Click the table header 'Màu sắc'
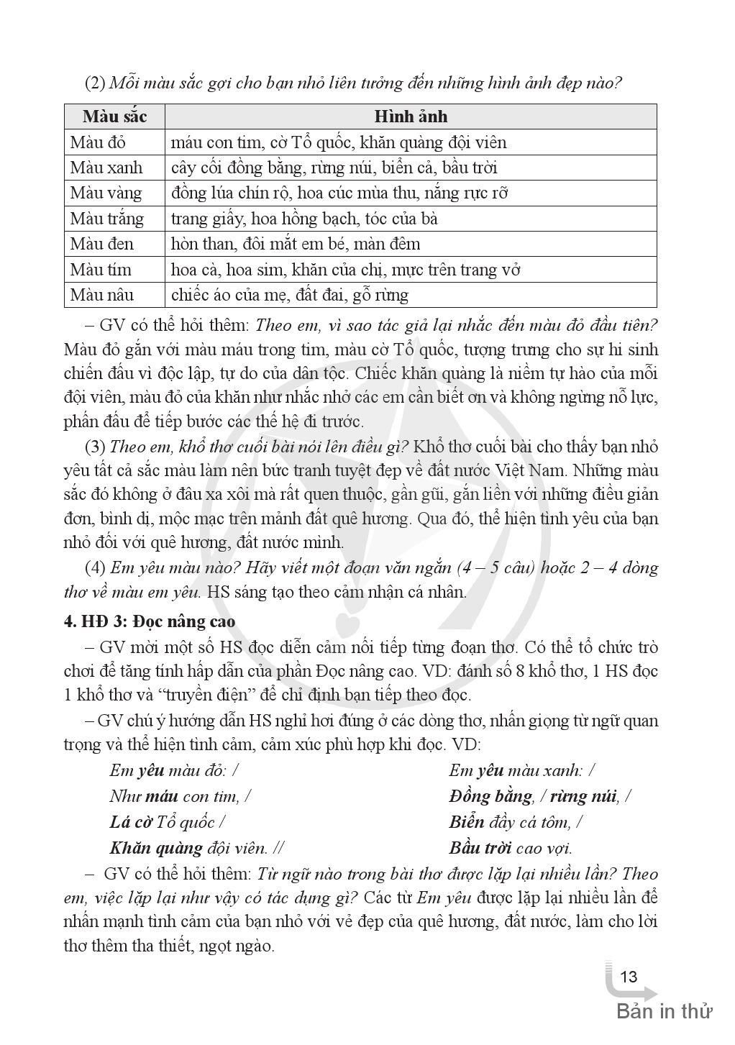[114, 117]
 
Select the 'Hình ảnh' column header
[411, 117]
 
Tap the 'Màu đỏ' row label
[98, 142]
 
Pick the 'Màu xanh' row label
[106, 168]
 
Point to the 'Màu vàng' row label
[106, 193]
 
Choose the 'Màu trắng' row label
[106, 219]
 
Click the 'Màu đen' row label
[101, 244]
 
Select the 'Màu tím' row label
[100, 270]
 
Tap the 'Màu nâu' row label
[101, 295]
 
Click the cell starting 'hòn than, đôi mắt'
[296, 244]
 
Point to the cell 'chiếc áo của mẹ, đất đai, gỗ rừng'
[290, 295]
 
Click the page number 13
[628, 977]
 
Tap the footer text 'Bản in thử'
[665, 1011]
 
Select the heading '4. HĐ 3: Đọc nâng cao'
[150, 621]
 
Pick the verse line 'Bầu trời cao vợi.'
[511, 848]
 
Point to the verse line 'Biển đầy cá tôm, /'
[516, 822]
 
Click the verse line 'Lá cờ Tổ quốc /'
[167, 822]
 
